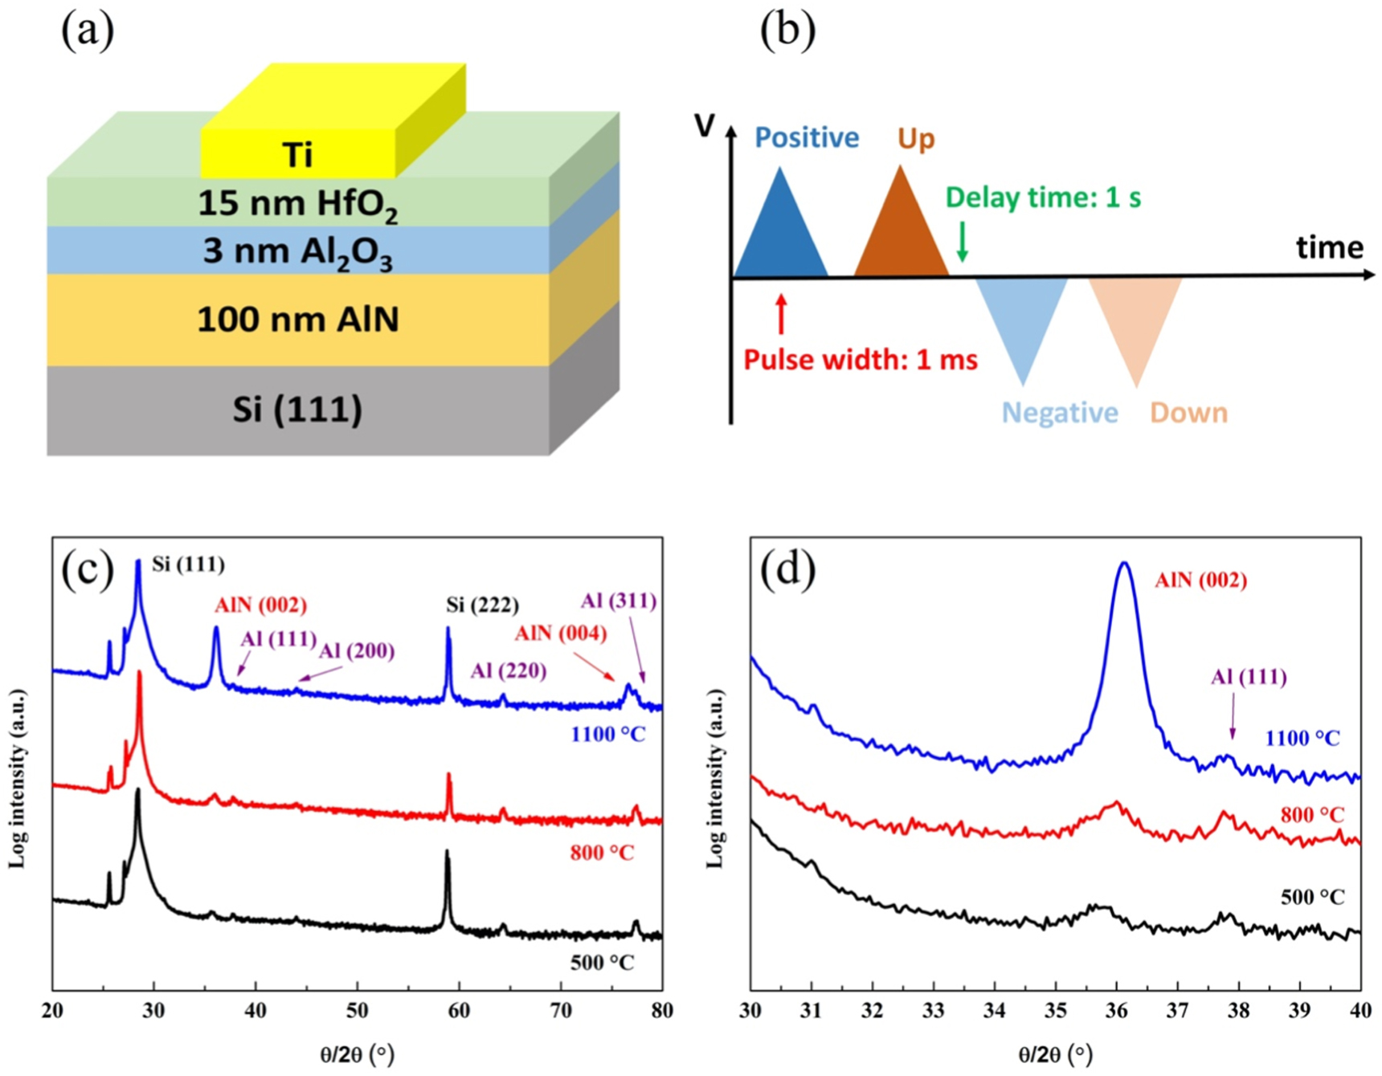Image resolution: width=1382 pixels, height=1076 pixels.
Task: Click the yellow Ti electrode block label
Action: (x=297, y=154)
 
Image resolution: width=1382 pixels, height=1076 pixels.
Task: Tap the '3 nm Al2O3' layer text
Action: (x=297, y=252)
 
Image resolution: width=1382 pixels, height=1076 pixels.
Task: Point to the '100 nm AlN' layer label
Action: (x=297, y=320)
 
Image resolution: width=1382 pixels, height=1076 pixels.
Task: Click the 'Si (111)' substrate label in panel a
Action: (x=297, y=410)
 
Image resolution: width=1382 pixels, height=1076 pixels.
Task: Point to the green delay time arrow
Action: (x=962, y=242)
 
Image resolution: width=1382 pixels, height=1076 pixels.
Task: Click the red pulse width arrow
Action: (x=780, y=314)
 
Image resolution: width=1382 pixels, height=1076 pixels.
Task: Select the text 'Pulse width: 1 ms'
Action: (x=861, y=360)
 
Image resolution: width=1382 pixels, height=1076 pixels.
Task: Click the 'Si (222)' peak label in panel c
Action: (x=482, y=605)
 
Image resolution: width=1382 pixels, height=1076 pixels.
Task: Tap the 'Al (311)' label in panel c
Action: (x=619, y=601)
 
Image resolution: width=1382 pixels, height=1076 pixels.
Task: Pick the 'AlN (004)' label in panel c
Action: (x=560, y=634)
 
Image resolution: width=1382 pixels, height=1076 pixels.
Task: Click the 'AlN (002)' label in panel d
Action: (x=1200, y=580)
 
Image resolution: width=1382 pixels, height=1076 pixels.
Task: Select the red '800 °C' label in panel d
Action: (x=1312, y=815)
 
